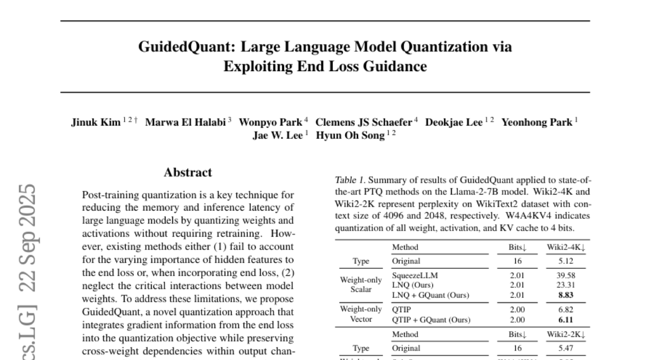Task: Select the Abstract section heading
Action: [188, 173]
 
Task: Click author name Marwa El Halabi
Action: [185, 123]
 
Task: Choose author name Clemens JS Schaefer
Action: [364, 123]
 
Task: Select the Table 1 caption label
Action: [350, 180]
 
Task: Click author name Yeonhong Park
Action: [536, 123]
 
